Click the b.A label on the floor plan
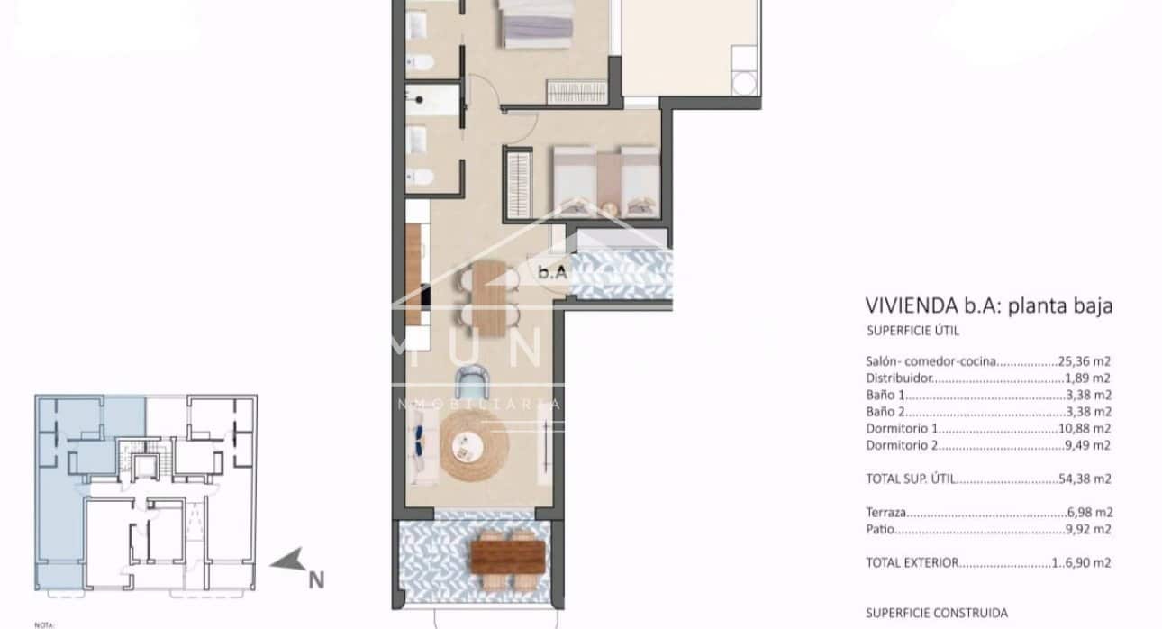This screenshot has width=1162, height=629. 551,270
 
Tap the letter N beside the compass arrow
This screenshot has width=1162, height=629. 315,581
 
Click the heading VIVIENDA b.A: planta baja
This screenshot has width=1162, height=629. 988,305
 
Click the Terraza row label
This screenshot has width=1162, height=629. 886,512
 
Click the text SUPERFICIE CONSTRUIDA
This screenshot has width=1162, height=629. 937,614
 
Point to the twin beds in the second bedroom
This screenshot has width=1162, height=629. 604,180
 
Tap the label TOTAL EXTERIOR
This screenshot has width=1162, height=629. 911,562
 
